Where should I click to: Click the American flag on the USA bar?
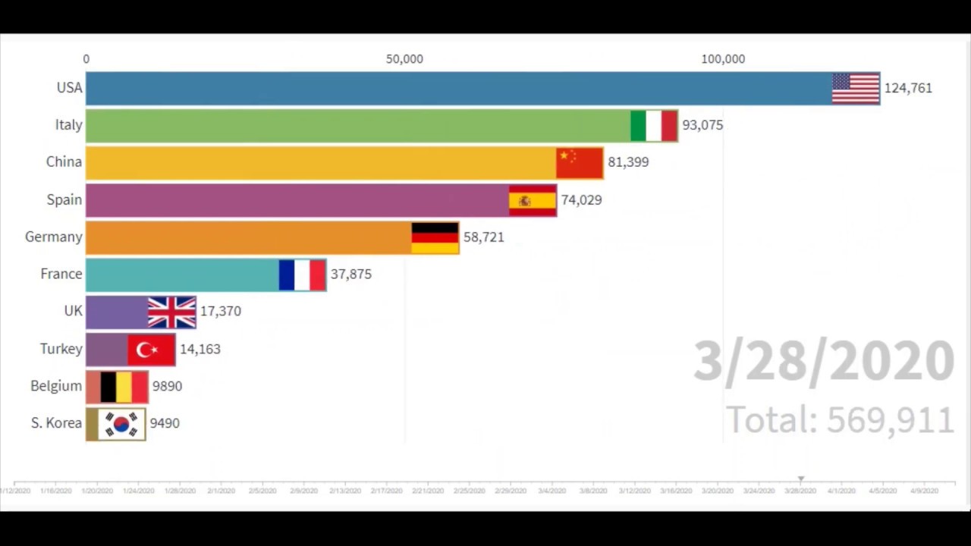tap(856, 88)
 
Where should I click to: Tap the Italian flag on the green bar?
tap(654, 125)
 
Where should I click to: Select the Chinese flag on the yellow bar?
tap(580, 162)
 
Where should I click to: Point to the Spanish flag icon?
tap(533, 200)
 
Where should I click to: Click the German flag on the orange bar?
tap(435, 237)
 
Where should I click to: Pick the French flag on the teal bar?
tap(302, 275)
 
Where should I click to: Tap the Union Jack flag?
tap(171, 312)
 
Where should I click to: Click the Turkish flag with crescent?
tap(151, 349)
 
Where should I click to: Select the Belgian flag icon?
tap(124, 386)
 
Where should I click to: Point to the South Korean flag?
tap(121, 423)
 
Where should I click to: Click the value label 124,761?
tap(908, 88)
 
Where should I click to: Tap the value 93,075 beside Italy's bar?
tap(702, 125)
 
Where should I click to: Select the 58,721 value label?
tap(483, 237)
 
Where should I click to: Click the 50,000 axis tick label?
tap(404, 59)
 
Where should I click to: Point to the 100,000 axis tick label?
tap(723, 59)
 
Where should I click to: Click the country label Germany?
tap(53, 237)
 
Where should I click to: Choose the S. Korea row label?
tap(56, 423)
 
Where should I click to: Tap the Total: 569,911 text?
tap(840, 420)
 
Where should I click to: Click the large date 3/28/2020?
tap(824, 361)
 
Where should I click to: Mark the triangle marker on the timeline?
tap(800, 479)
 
